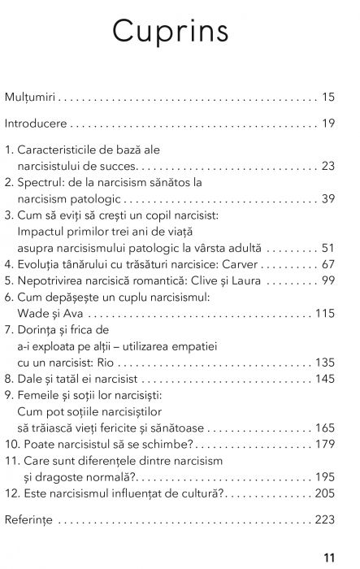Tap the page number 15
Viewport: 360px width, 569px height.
328,98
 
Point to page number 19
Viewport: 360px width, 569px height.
328,124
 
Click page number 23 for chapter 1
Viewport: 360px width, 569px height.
328,166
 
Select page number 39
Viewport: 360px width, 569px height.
328,198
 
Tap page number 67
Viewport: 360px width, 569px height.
328,264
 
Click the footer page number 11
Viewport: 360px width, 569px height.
328,558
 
